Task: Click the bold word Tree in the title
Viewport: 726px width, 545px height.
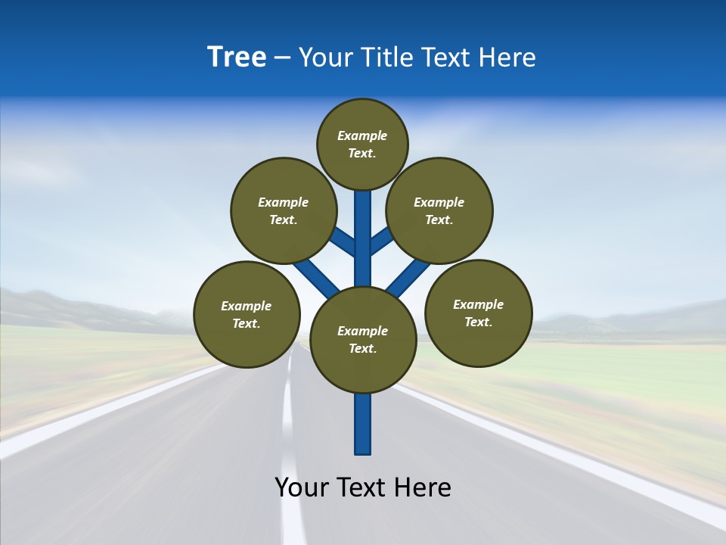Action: (x=237, y=57)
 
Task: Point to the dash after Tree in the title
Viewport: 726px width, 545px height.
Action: (x=282, y=58)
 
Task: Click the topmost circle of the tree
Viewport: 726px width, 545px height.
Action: (x=362, y=144)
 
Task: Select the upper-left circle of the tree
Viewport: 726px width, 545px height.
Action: (x=283, y=210)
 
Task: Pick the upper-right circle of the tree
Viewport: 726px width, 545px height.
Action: (x=439, y=210)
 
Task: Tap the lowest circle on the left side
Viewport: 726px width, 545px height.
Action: (x=247, y=314)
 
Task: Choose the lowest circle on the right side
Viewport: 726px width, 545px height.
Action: (x=478, y=313)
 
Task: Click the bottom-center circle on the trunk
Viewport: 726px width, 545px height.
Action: (x=363, y=340)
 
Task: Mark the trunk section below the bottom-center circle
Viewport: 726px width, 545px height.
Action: (x=363, y=424)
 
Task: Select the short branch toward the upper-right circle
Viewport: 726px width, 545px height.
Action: (x=381, y=241)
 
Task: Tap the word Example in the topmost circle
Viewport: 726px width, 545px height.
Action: (x=362, y=135)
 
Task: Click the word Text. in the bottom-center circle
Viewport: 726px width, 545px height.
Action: (x=362, y=349)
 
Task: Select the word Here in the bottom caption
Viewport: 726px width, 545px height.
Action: (x=423, y=487)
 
